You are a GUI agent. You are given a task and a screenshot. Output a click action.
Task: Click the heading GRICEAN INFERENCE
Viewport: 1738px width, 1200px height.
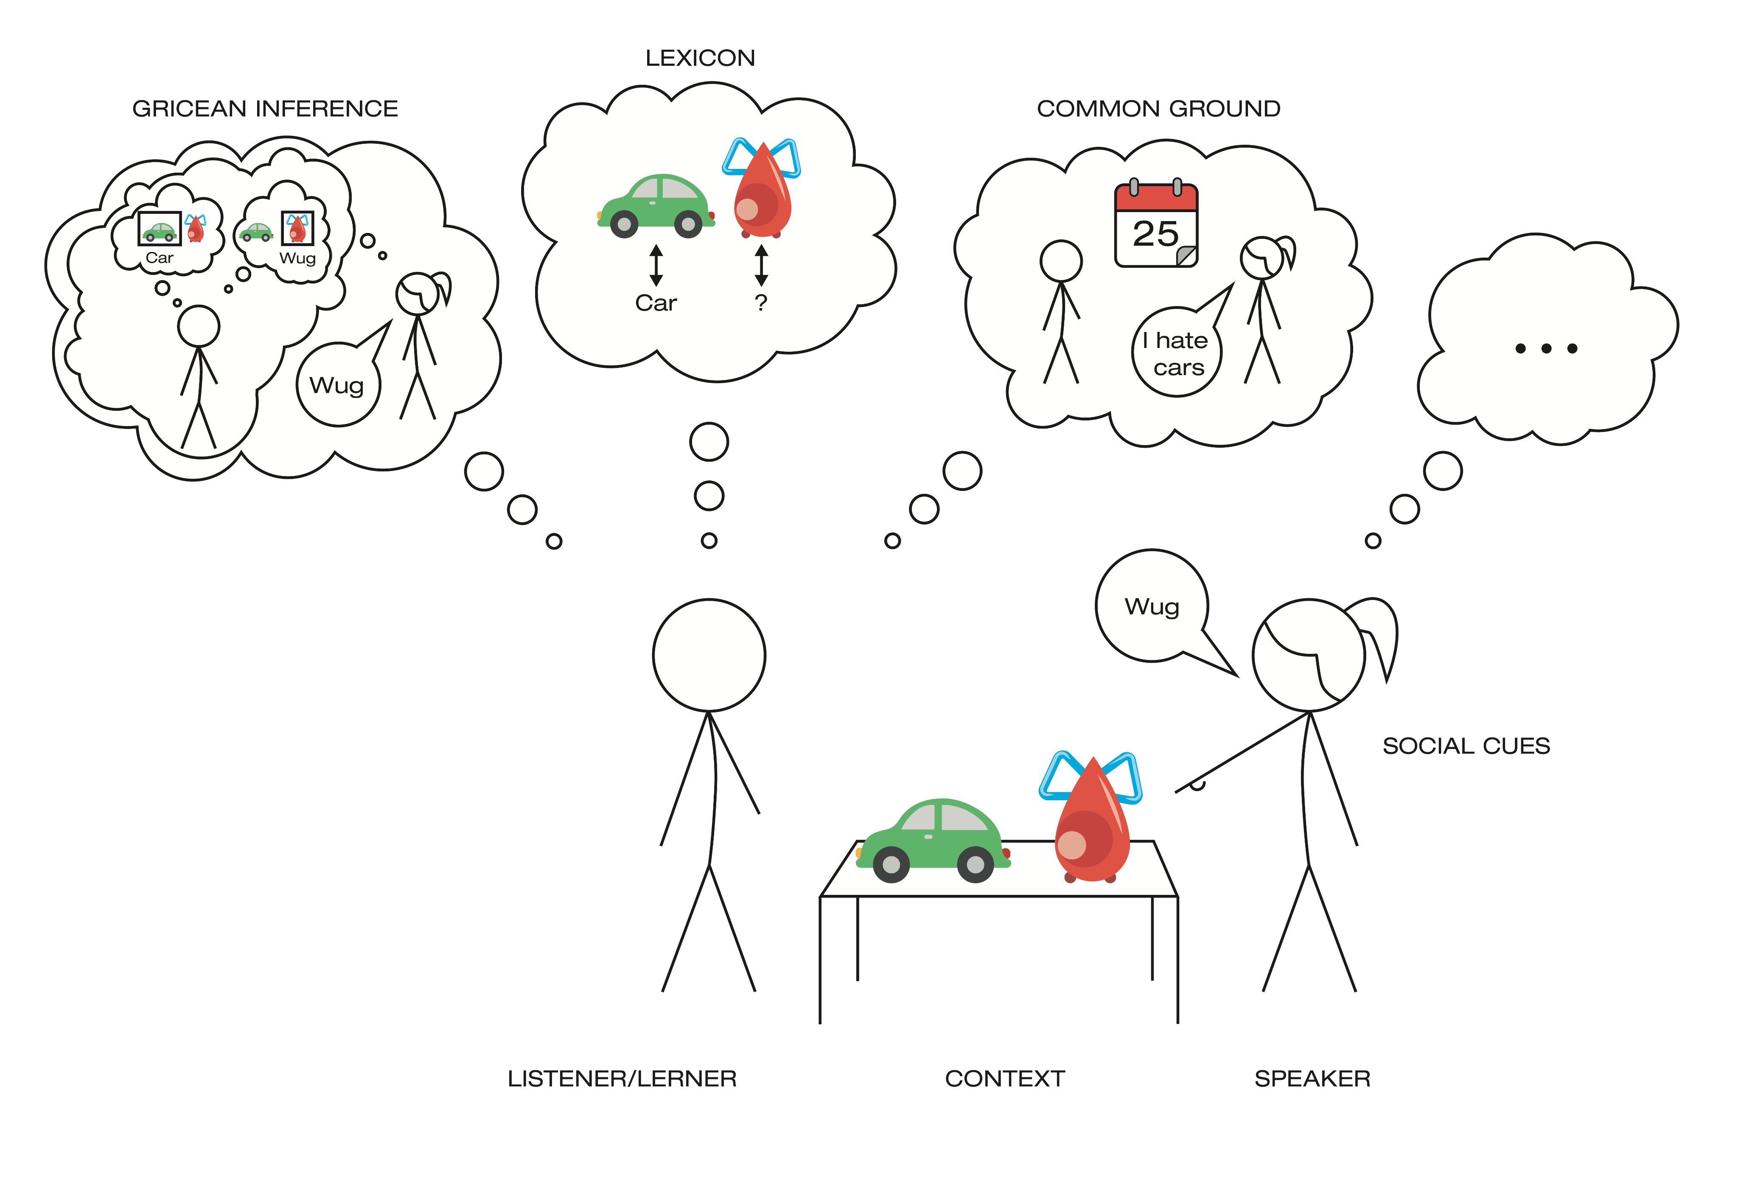tap(265, 109)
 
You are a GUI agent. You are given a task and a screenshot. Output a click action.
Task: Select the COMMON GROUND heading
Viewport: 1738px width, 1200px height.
tap(1158, 109)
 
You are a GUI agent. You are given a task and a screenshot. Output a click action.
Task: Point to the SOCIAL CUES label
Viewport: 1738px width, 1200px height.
tap(1466, 746)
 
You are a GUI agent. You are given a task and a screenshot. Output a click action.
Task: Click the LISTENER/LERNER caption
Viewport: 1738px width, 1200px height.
tap(622, 1079)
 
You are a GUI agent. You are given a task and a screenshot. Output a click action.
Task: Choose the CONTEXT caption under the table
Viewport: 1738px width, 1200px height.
tap(1004, 1079)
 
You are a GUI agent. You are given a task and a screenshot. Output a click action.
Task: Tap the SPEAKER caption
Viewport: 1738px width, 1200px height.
tap(1312, 1079)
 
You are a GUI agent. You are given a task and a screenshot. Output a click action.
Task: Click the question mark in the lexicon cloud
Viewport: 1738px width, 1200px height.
tap(761, 303)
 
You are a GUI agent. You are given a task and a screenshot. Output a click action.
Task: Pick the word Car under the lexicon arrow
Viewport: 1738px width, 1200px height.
tap(656, 303)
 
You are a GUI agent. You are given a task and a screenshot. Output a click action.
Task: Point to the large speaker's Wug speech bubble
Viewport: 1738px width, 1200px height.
tap(1152, 606)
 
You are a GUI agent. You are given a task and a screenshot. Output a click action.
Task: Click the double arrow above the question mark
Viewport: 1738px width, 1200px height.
tap(761, 265)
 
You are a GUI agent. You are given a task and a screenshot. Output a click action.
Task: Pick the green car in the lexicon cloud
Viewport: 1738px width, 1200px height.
tap(656, 206)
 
